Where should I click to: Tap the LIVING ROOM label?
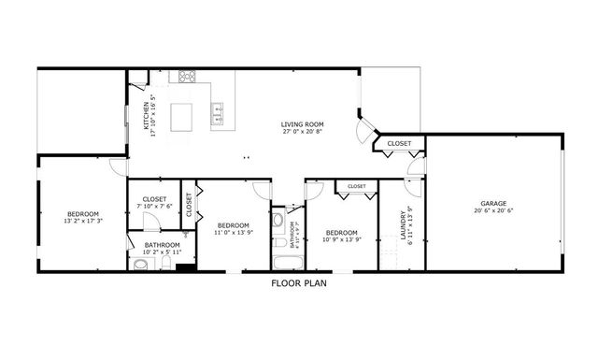(302, 124)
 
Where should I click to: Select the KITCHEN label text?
(147, 113)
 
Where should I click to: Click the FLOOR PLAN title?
(298, 282)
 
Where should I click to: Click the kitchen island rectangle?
(186, 116)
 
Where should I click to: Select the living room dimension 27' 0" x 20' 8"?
(302, 132)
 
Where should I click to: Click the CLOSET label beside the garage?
(399, 144)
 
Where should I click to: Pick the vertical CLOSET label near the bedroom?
(189, 204)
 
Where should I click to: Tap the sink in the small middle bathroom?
(279, 221)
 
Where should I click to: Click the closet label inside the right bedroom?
(356, 187)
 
